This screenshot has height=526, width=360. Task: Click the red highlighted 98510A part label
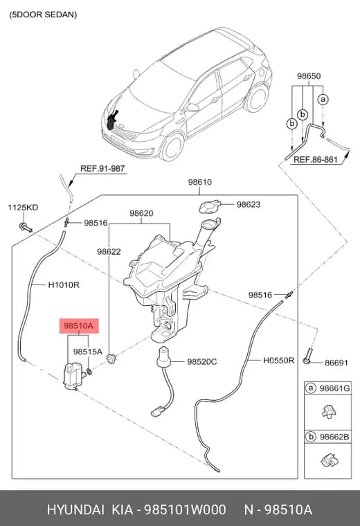point(79,326)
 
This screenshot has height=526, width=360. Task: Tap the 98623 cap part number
point(249,204)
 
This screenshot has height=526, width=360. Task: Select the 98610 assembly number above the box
point(199,182)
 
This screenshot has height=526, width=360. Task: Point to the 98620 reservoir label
point(141,213)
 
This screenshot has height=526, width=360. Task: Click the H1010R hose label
point(64,285)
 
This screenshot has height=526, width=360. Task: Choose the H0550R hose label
point(278,361)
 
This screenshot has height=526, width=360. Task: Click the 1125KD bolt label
point(23,208)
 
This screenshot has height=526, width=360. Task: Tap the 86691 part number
point(336,363)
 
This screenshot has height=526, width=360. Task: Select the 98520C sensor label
point(202,361)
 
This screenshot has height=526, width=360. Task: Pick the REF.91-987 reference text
point(102,168)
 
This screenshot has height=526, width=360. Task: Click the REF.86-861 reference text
point(316,159)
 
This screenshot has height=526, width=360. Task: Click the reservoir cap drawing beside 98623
point(209,207)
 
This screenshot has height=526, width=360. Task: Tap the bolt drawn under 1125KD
point(26,228)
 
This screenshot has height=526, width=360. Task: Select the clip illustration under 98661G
point(329,411)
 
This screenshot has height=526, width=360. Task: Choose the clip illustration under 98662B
point(330,460)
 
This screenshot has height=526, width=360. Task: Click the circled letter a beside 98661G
point(311,388)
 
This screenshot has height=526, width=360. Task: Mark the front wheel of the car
point(172,147)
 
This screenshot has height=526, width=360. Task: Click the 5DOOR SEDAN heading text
point(43,15)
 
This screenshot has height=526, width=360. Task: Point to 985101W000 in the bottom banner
point(185,510)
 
